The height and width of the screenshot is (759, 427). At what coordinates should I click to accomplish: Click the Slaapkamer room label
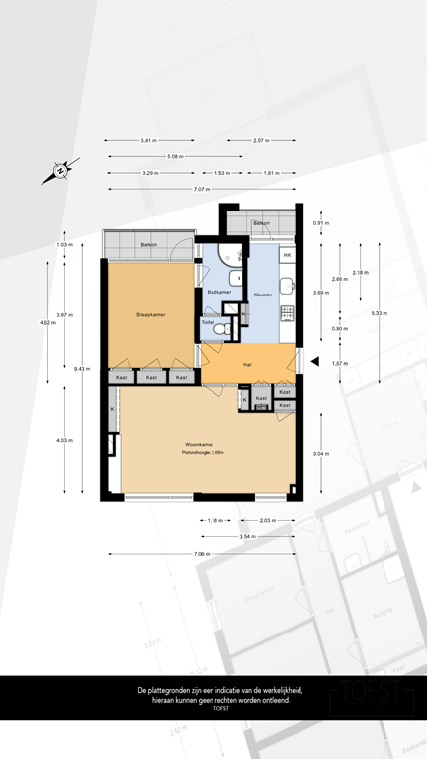150,315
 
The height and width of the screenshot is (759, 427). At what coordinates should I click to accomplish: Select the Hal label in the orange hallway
248,364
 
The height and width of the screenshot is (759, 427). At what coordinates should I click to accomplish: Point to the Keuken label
263,295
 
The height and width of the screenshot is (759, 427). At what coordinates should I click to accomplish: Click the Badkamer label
218,293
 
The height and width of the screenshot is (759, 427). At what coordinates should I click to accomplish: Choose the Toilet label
208,322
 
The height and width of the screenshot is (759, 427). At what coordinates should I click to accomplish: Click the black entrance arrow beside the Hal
315,363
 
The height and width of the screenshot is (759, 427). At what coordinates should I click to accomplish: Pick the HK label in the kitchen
287,257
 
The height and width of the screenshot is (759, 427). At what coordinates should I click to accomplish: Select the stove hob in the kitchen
287,315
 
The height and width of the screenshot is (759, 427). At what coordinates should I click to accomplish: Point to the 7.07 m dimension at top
202,189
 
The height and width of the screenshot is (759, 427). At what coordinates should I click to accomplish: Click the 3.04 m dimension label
320,453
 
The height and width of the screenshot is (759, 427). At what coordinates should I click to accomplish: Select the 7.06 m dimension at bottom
202,553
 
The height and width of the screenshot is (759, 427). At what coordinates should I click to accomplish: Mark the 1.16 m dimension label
215,520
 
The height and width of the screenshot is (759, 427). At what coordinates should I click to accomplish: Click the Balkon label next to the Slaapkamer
149,244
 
